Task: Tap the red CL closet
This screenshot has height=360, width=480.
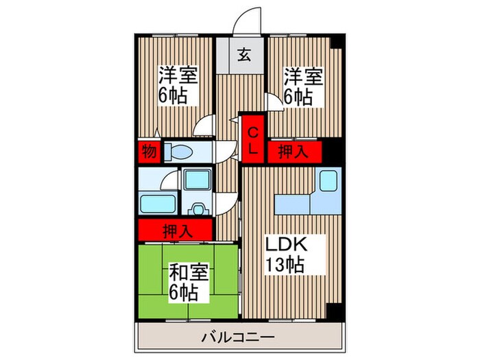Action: (252, 139)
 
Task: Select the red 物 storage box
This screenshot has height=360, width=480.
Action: (148, 152)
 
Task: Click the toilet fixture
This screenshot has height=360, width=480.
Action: (179, 152)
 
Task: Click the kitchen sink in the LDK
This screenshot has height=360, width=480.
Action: (326, 182)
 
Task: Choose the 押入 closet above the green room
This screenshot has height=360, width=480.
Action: (176, 230)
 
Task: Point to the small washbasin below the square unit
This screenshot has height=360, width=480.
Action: (199, 208)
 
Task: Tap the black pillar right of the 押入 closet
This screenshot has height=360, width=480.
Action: (332, 152)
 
